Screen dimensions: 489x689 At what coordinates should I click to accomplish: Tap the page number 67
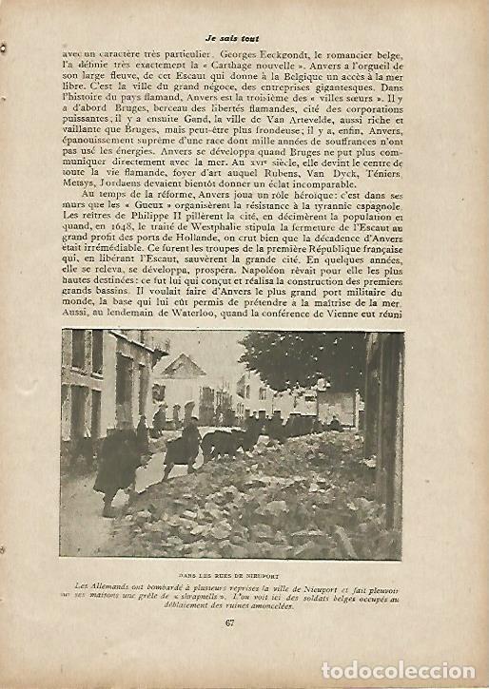click(x=229, y=622)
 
